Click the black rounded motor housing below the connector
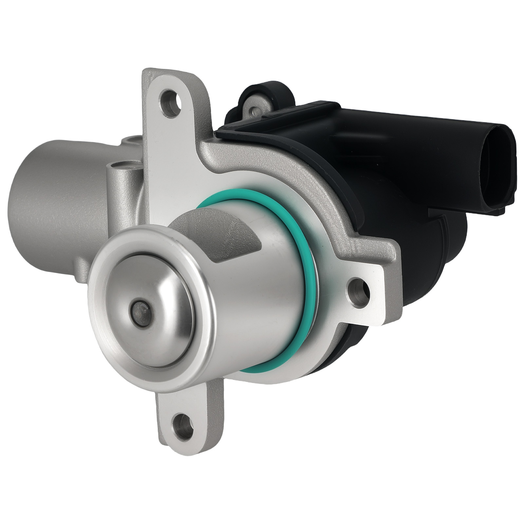point(426,262)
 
